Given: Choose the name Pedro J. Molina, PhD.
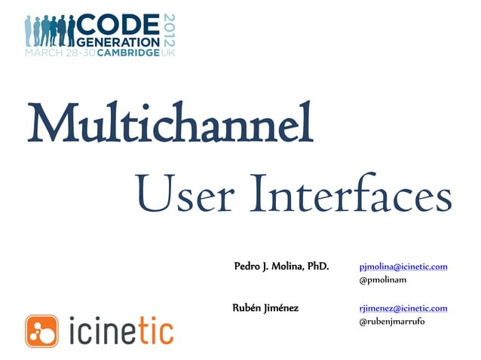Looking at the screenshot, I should [281, 266].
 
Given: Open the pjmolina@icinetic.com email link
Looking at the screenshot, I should [403, 266].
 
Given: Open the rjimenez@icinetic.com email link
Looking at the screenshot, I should [403, 307].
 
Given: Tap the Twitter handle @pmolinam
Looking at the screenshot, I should [383, 280].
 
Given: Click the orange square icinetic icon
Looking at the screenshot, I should [42, 330].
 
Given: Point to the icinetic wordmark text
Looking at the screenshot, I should [121, 330].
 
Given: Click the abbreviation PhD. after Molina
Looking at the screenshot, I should [315, 266].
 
